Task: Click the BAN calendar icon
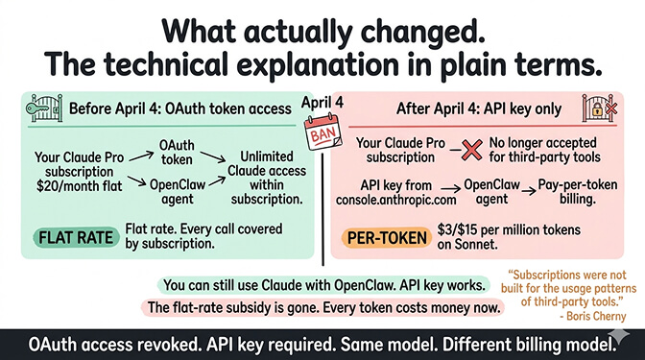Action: click(322, 133)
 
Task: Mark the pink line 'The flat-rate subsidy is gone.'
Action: click(327, 307)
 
